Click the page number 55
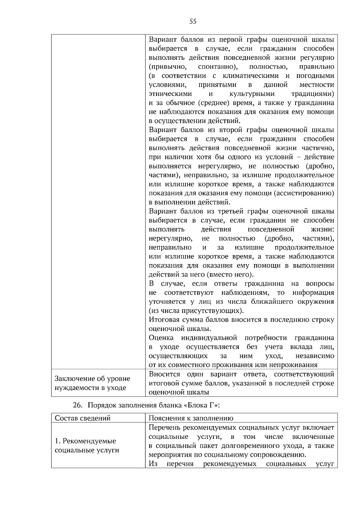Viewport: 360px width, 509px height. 193,21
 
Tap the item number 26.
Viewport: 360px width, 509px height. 77,405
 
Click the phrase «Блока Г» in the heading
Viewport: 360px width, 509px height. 200,405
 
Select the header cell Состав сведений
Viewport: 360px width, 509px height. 82,418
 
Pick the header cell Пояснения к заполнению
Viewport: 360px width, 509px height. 191,418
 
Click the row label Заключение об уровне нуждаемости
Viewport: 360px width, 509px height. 92,383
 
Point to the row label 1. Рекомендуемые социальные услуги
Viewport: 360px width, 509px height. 87,445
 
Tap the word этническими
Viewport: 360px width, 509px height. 170,94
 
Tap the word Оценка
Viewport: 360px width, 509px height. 161,338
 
